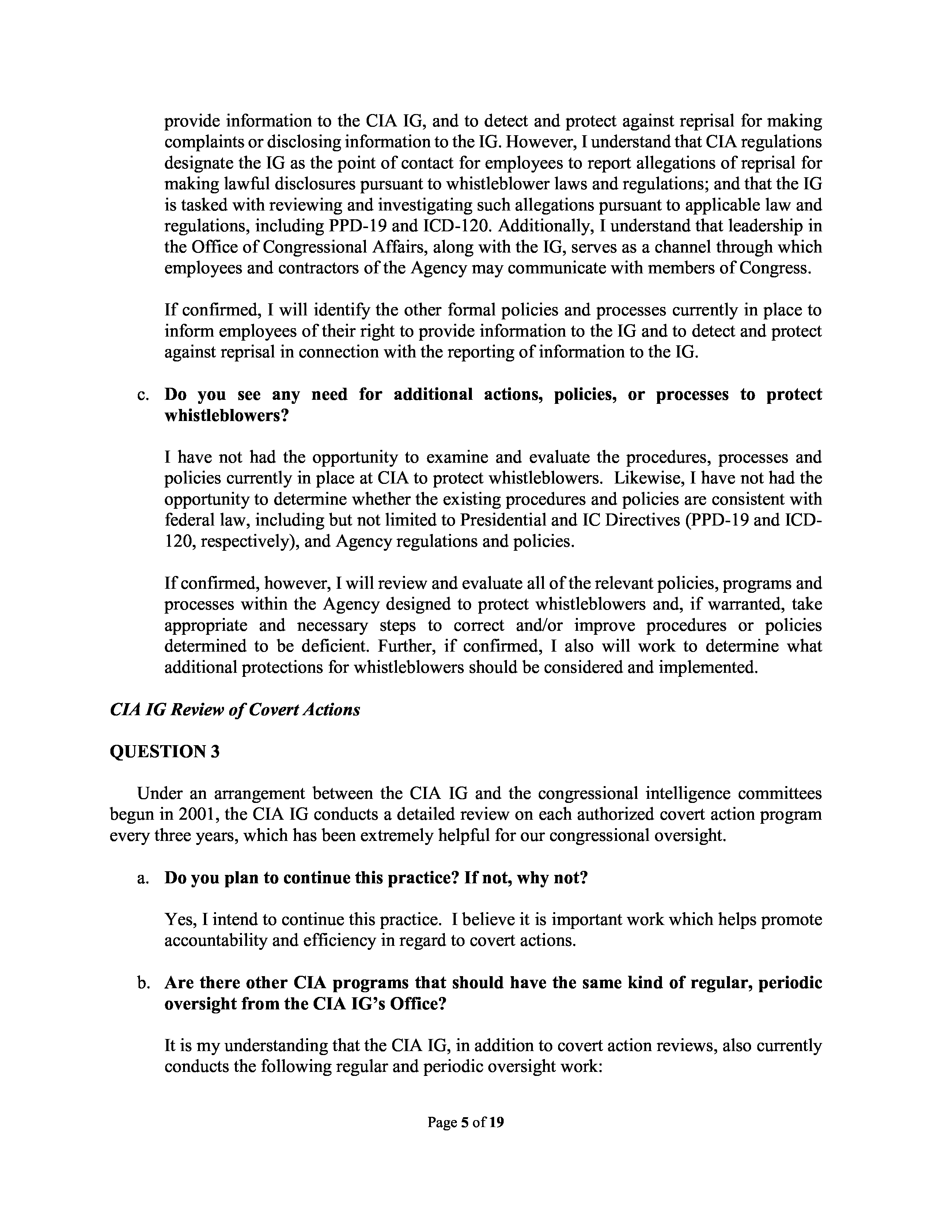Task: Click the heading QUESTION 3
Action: [x=164, y=751]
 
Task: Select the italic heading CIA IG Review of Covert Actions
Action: [x=235, y=710]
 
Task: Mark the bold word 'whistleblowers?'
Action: [x=227, y=416]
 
